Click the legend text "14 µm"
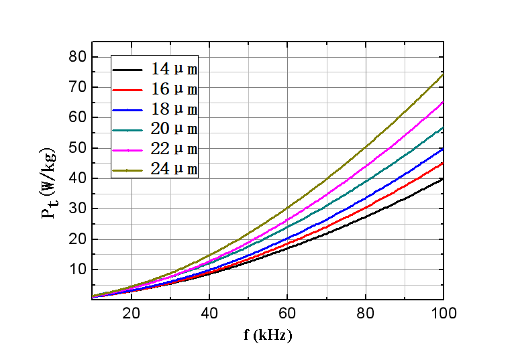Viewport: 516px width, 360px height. tap(174, 69)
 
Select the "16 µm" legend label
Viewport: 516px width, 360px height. tap(174, 89)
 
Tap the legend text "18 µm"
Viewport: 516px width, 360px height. tap(174, 109)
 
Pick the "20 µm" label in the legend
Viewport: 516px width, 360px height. tap(174, 129)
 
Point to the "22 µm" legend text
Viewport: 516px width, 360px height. tap(174, 149)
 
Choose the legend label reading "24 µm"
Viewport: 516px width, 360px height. tap(174, 169)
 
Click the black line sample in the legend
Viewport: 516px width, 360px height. tap(127, 70)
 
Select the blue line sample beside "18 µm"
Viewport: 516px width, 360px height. tap(127, 109)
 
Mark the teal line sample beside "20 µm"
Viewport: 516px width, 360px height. tap(127, 129)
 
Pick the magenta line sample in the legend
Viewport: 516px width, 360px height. tap(127, 149)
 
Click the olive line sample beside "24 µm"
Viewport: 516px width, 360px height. tap(127, 170)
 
